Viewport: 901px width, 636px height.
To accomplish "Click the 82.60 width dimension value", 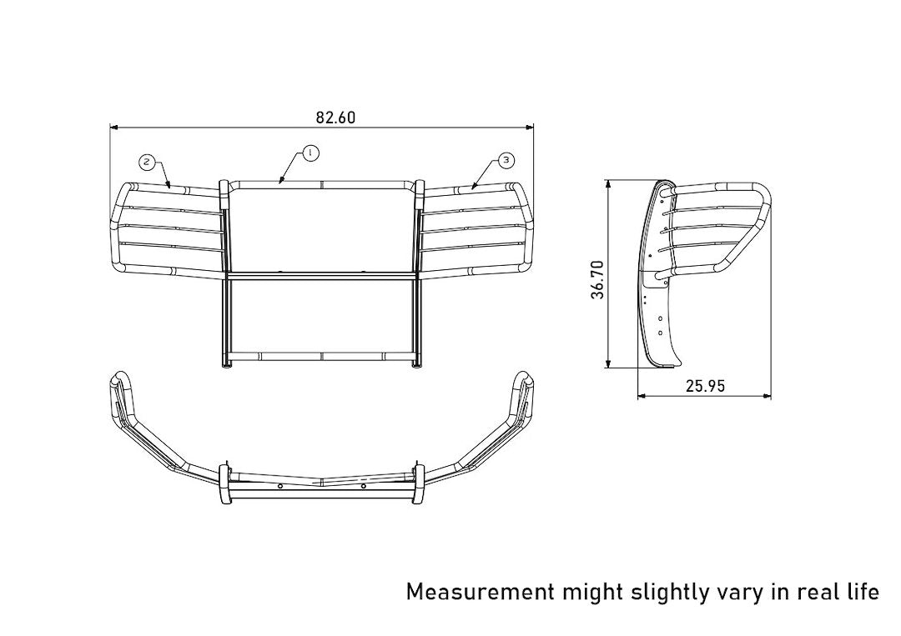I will pos(335,118).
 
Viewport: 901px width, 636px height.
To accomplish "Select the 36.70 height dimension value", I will pos(598,279).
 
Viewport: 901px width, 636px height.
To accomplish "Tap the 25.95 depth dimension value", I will pos(705,386).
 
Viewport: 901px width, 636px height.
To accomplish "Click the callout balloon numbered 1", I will pos(310,153).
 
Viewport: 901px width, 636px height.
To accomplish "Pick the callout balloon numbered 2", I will pos(147,161).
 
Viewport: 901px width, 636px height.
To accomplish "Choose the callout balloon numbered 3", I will pos(506,159).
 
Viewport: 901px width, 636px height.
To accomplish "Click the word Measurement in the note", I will pos(480,592).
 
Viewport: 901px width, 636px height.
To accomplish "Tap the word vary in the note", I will pos(742,593).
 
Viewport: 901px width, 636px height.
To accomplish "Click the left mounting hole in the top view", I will pos(281,486).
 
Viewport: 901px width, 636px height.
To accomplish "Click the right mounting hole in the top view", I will pos(364,486).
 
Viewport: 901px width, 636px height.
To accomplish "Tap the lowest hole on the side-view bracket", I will pos(660,333).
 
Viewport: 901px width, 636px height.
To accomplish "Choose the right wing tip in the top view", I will pos(524,378).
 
